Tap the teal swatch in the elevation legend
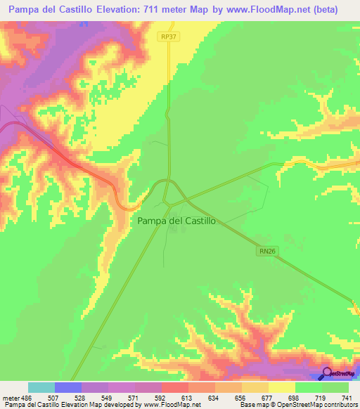pyautogui.click(x=41, y=387)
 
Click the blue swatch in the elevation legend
pyautogui.click(x=67, y=387)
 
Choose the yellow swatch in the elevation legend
pyautogui.click(x=281, y=387)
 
